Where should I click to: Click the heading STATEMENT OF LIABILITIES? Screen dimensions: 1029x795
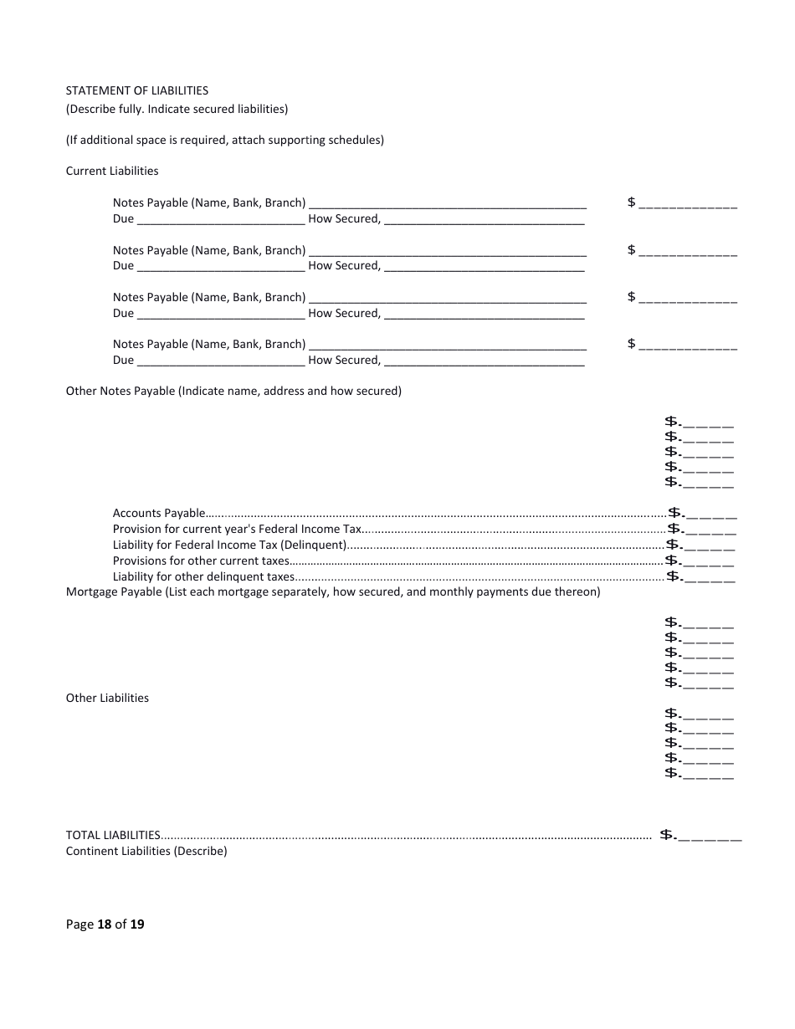pyautogui.click(x=137, y=90)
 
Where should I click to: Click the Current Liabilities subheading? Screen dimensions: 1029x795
pyautogui.click(x=112, y=171)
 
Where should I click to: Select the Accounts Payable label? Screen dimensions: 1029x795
pyautogui.click(x=159, y=513)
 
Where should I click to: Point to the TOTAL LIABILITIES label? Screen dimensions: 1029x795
pyautogui.click(x=113, y=835)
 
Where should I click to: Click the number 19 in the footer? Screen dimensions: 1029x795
pyautogui.click(x=136, y=924)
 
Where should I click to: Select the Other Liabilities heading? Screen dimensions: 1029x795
pyautogui.click(x=107, y=698)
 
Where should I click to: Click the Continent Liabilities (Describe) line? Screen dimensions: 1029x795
pyautogui.click(x=146, y=851)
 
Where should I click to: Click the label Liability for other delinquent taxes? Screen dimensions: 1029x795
pyautogui.click(x=203, y=576)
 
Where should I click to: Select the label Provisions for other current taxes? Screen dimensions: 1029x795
pyautogui.click(x=201, y=561)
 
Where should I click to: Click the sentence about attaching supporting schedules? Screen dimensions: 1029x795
pyautogui.click(x=225, y=140)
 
